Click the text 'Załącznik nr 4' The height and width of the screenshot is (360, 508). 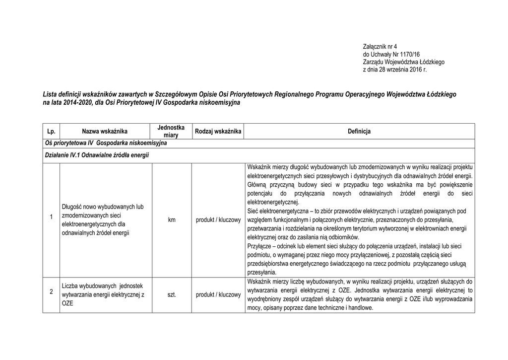click(x=381, y=46)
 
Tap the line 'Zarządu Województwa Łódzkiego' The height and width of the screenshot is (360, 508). click(x=404, y=62)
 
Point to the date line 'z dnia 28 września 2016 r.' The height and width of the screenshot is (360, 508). click(x=395, y=70)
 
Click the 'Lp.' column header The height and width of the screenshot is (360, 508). click(x=51, y=131)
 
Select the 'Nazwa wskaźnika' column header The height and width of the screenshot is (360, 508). click(x=105, y=131)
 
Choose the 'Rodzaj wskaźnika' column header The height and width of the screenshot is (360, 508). click(x=218, y=131)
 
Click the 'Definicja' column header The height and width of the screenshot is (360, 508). click(x=359, y=131)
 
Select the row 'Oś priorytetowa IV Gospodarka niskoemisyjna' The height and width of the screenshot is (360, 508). click(x=105, y=143)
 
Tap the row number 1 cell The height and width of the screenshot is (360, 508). click(x=51, y=218)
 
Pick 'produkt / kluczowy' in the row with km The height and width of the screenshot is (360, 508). click(x=218, y=219)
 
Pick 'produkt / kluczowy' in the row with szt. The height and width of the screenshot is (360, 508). click(x=218, y=295)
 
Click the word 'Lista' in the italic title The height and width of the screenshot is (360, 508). click(x=51, y=94)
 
